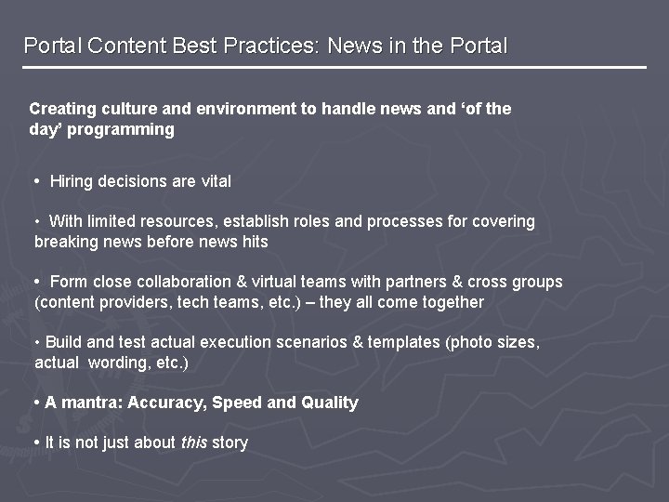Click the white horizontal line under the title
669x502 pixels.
[x=334, y=67]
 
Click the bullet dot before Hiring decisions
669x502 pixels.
[x=36, y=181]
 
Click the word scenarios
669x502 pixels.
[x=310, y=342]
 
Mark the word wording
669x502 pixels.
[x=116, y=363]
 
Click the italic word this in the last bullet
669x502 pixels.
[x=194, y=443]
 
